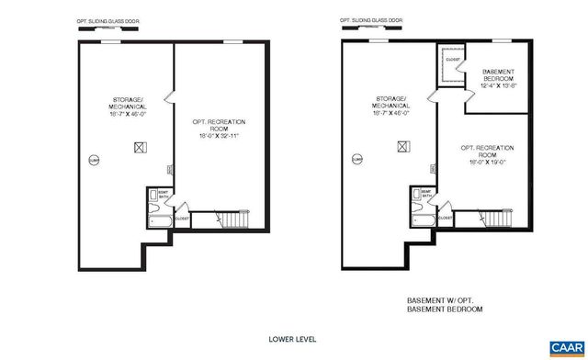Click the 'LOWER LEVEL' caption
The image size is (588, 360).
pos(292,339)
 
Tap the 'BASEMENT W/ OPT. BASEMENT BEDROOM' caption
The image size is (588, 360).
pos(445,304)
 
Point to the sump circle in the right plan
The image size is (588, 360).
pos(356,159)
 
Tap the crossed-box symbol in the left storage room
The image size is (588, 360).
pos(141,145)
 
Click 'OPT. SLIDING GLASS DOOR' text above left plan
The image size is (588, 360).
pos(105,19)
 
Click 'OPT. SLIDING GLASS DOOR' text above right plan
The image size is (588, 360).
pos(370,19)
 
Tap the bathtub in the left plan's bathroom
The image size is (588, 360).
pos(156,221)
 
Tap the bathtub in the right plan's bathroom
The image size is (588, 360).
pos(421,221)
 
